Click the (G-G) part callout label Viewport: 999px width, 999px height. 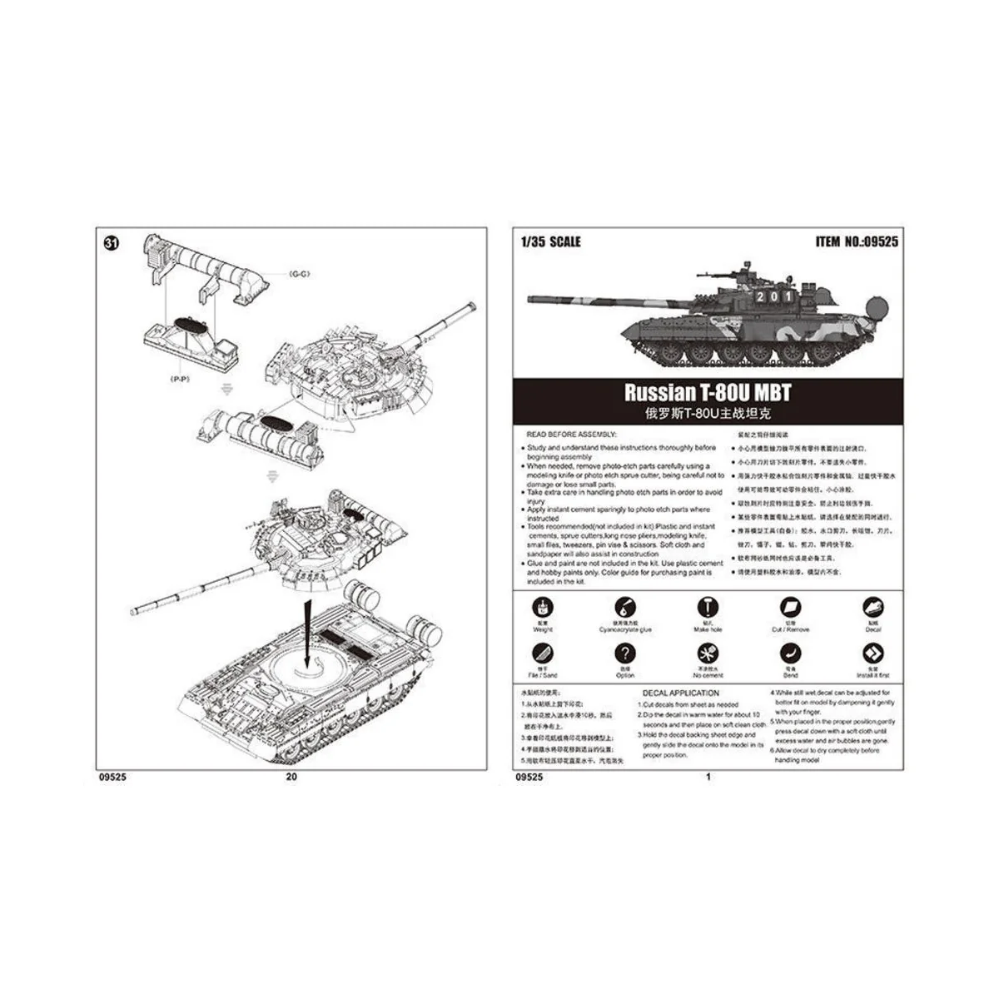[x=299, y=274]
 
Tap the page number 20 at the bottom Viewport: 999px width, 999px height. [x=291, y=778]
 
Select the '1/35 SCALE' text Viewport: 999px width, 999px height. [x=550, y=242]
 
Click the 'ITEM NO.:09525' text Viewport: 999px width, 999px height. [x=857, y=242]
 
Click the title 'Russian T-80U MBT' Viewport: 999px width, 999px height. [x=708, y=393]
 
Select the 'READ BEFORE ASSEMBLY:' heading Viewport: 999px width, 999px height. [x=570, y=435]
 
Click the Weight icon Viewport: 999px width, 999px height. [x=543, y=608]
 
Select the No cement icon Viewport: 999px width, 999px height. [x=708, y=654]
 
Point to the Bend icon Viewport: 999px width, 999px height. [x=790, y=654]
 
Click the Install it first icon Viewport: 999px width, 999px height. [x=872, y=654]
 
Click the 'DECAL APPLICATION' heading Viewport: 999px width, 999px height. [x=680, y=693]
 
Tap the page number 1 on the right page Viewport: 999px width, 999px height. [x=708, y=778]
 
